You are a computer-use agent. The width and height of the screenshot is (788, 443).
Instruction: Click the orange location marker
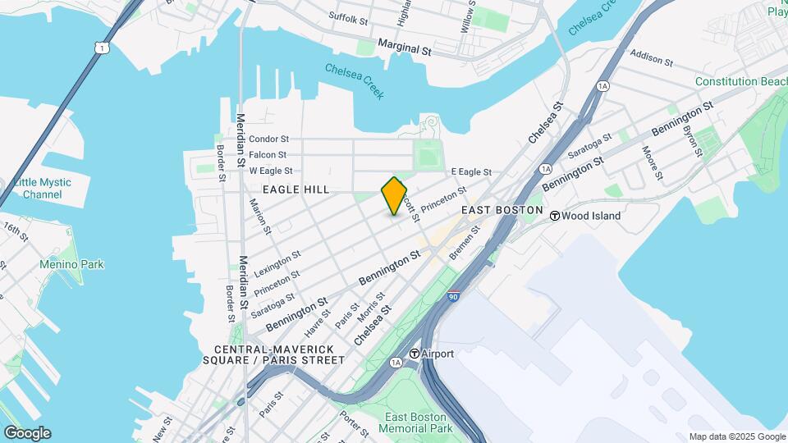394,196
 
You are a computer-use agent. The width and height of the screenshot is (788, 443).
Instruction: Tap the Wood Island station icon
555,216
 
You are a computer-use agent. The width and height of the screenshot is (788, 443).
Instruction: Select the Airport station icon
415,354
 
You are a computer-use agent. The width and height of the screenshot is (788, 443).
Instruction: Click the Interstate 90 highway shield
453,297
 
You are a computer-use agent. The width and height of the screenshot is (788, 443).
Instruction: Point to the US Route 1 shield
100,48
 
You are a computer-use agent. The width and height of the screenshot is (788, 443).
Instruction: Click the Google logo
27,433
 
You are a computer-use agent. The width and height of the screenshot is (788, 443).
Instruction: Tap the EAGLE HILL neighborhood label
295,190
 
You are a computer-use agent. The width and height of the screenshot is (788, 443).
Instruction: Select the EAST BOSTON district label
502,211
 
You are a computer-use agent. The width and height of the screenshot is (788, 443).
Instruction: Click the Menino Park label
71,264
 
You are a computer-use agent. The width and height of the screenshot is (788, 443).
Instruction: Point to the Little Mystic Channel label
43,188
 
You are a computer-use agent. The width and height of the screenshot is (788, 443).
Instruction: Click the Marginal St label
405,49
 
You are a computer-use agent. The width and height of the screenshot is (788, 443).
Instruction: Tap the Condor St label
269,139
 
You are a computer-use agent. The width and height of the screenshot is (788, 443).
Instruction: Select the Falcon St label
268,155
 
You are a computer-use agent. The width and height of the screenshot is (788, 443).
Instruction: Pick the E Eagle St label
471,172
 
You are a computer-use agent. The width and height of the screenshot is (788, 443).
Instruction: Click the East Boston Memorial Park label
418,422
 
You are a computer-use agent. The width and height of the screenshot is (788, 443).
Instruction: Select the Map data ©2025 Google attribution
737,436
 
